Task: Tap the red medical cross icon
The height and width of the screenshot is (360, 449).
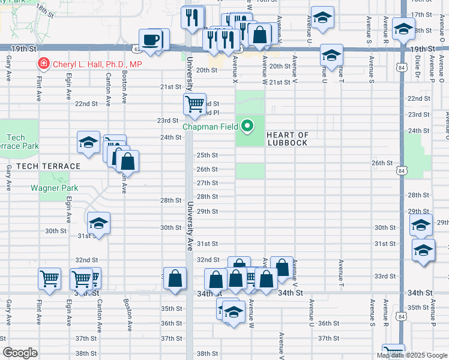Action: pos(43,64)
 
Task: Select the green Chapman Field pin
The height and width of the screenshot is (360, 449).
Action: pos(247,126)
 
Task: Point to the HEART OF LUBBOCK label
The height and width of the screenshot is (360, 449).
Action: pos(287,139)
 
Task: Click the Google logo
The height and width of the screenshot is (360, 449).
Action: pos(20,353)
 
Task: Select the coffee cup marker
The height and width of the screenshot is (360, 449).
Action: pos(151,40)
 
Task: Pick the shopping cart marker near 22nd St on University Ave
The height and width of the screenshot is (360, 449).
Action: pos(194,104)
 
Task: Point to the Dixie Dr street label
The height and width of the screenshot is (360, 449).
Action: pos(417,67)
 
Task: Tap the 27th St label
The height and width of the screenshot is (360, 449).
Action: pos(207,183)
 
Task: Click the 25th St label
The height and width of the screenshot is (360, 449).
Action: pos(207,155)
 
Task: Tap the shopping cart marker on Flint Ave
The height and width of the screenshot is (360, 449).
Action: pos(49,278)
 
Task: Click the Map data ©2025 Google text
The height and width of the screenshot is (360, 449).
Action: pos(412,355)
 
